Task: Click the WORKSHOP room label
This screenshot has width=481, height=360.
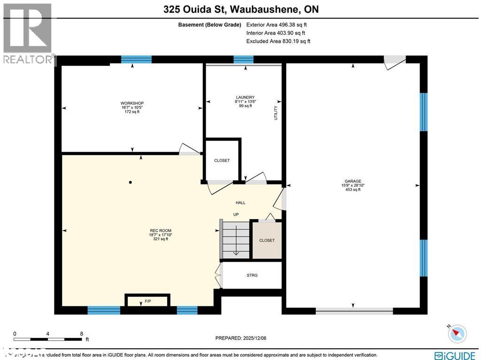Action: point(132,103)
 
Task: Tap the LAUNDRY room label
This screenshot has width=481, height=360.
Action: point(245,97)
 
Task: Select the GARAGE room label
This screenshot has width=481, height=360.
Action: point(353,181)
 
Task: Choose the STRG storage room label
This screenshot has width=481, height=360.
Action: point(252,275)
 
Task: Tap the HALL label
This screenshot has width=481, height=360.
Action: point(240,203)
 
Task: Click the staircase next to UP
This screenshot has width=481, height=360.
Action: point(236,239)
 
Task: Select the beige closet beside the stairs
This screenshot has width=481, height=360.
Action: point(267,240)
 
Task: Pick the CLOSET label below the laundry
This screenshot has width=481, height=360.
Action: point(222,161)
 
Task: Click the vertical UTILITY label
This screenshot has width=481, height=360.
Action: point(276,113)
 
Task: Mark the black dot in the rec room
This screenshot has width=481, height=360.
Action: point(131,182)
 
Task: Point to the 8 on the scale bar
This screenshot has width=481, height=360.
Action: point(82,334)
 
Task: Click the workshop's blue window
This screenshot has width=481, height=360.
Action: point(136,59)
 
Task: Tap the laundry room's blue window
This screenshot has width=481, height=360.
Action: point(243,59)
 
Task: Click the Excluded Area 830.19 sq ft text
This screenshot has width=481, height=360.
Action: point(278,41)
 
